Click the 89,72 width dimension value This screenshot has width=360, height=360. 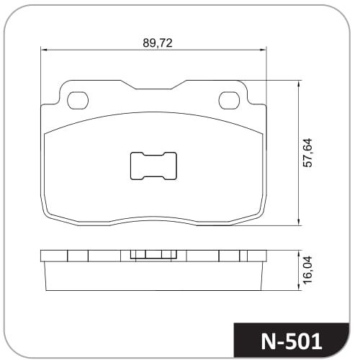coord(158,43)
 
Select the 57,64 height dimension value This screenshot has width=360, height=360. coord(307,153)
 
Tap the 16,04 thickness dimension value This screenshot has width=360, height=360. coord(307,270)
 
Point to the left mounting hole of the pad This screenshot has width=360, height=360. coord(78,101)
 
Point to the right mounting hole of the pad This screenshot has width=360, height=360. coord(229,101)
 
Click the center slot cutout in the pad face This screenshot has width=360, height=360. coord(153,166)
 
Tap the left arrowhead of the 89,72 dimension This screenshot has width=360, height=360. coord(44,50)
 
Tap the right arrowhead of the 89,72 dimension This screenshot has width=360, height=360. coord(264,50)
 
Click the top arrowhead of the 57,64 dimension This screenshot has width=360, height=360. coord(299,84)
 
